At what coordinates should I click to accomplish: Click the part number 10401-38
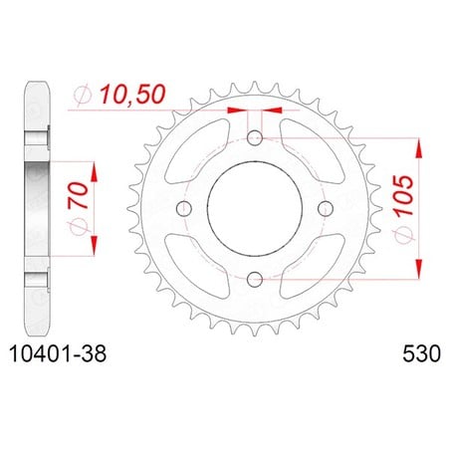point(59,353)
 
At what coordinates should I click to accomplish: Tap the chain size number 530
point(422,353)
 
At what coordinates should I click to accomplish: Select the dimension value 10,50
point(132,94)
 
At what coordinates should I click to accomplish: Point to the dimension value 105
point(404,195)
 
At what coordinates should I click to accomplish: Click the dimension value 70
point(79,195)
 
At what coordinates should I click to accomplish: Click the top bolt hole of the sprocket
point(255,138)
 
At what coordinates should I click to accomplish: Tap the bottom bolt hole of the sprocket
point(255,279)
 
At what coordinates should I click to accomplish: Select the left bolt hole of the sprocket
point(184,208)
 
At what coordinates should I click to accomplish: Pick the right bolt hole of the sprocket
point(326,208)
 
